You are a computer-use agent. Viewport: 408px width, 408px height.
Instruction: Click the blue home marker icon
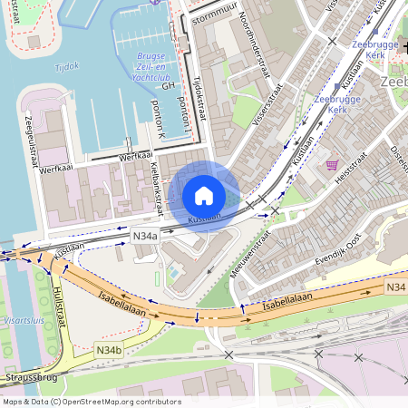pyautogui.click(x=204, y=196)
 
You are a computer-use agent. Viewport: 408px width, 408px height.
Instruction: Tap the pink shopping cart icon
pyautogui.click(x=332, y=166)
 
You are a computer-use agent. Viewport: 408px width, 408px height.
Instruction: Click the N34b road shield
pyautogui.click(x=108, y=348)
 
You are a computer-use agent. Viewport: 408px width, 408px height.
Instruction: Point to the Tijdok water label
pyautogui.click(x=67, y=66)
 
